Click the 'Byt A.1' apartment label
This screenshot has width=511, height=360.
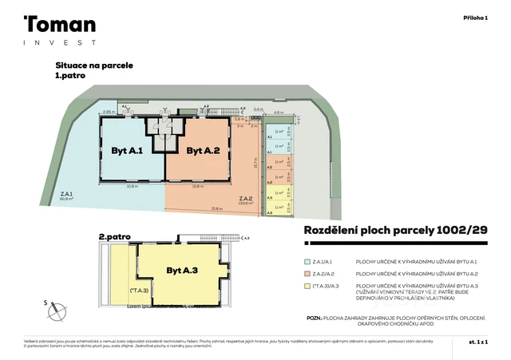[x=126, y=150]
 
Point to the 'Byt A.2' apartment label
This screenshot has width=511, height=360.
[x=203, y=150]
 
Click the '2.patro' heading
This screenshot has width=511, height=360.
[x=114, y=237]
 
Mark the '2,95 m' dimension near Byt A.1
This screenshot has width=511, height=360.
[x=108, y=113]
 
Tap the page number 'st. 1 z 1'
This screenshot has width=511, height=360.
[x=477, y=342]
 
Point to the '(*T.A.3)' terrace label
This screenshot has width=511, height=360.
[x=138, y=291]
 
